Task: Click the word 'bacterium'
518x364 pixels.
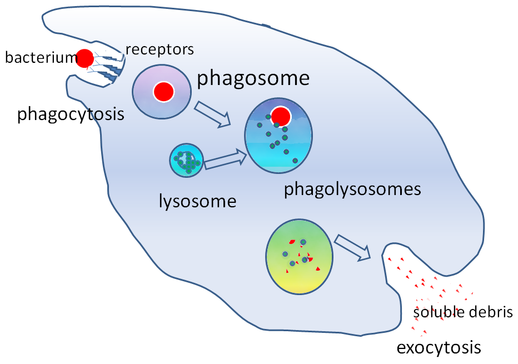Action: pyautogui.click(x=39, y=57)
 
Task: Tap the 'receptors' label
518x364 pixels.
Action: pyautogui.click(x=160, y=49)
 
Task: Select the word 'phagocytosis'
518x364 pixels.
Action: pyautogui.click(x=71, y=114)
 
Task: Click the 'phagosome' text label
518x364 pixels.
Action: pyautogui.click(x=253, y=78)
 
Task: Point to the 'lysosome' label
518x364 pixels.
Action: pyautogui.click(x=197, y=201)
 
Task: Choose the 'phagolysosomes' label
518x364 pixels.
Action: pyautogui.click(x=352, y=190)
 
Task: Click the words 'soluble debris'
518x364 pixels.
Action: pyautogui.click(x=462, y=312)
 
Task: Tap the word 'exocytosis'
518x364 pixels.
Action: pyautogui.click(x=438, y=348)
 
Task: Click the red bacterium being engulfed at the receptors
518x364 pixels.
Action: pyautogui.click(x=85, y=58)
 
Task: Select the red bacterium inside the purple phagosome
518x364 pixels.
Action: pyautogui.click(x=163, y=92)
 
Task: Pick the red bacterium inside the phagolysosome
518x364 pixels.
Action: pyautogui.click(x=282, y=116)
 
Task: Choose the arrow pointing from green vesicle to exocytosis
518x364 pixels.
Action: pyautogui.click(x=354, y=247)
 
